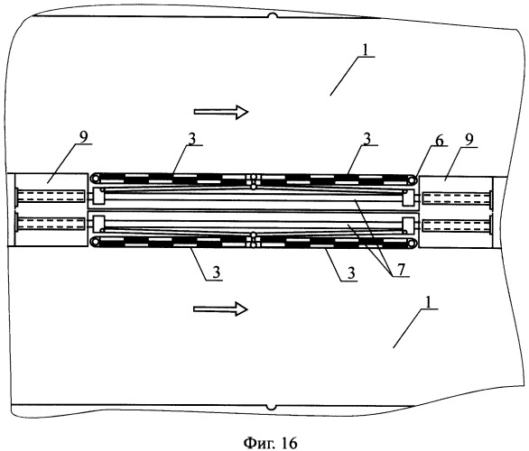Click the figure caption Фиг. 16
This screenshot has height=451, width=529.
[270, 442]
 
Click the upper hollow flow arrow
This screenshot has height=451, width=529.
[221, 112]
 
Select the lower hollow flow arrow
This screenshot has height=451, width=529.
[220, 308]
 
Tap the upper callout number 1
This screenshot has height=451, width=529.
[366, 51]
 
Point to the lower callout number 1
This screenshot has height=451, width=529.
[428, 302]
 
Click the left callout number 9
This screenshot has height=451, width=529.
[83, 137]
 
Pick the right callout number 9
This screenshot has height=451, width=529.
[469, 139]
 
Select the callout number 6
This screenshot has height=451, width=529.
[439, 140]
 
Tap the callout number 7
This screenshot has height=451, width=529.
[400, 270]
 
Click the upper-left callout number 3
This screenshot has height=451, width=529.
[192, 139]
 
